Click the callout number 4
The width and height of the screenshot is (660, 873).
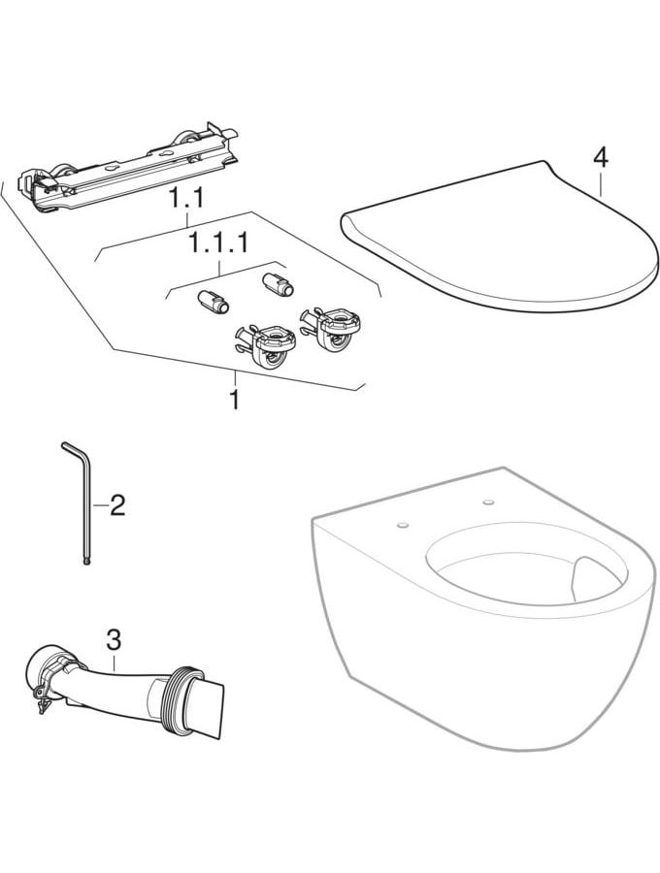[x=601, y=157]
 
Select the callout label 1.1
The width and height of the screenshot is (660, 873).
[x=187, y=199]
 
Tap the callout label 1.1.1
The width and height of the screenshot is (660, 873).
[x=218, y=243]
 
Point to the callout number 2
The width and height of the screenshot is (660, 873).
[x=117, y=504]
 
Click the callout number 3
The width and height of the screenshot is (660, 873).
[x=114, y=640]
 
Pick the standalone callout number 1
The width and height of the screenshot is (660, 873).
[x=235, y=400]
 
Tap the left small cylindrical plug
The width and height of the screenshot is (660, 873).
[x=211, y=302]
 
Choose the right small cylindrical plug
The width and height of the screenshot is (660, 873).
[x=277, y=283]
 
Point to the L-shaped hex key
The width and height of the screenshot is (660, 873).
[x=81, y=501]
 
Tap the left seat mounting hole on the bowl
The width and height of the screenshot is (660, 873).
[x=403, y=525]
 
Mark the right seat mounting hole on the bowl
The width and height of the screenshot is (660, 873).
[x=489, y=502]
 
